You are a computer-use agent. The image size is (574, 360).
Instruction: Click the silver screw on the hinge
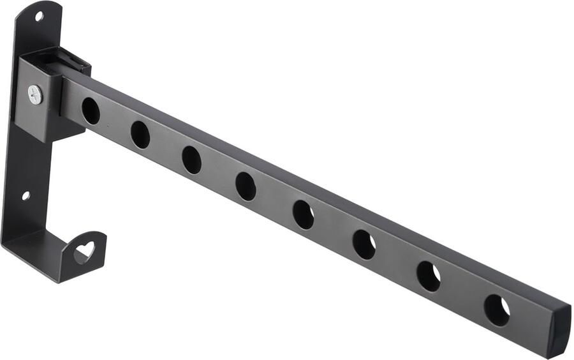click(x=34, y=94)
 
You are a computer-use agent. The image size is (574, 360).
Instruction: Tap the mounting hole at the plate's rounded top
click(x=39, y=16)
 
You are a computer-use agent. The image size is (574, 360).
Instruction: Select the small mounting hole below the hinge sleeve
click(x=26, y=196)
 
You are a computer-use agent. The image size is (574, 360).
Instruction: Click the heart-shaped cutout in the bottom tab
click(x=84, y=251)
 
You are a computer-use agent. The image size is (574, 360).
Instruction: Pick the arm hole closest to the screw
click(x=91, y=111)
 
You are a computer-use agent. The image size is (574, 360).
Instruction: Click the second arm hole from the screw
click(x=140, y=135)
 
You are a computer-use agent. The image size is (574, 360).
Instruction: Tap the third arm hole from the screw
click(x=191, y=160)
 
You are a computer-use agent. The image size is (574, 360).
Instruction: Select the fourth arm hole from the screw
click(x=246, y=186)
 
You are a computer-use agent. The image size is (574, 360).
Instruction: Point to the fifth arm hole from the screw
click(x=304, y=214)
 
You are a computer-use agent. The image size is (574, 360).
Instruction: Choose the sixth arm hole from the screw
click(x=365, y=244)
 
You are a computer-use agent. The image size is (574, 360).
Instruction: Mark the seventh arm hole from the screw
click(x=429, y=276)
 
